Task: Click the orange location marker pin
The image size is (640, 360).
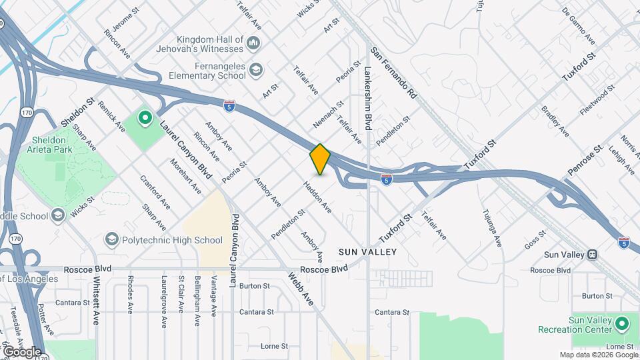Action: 320,159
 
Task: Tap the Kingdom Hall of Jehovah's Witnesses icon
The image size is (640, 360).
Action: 253,44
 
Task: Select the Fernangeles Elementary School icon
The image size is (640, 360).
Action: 256,69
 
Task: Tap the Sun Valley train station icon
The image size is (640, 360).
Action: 591,255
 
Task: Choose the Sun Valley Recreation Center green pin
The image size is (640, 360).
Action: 622,325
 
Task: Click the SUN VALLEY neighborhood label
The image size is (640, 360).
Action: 367,252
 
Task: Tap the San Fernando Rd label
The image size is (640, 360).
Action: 394,73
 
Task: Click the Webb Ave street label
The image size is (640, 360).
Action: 301,288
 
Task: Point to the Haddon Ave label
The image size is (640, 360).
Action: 318,198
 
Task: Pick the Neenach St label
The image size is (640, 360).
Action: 328,115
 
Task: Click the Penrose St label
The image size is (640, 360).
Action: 585,161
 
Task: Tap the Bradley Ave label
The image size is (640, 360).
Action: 555,121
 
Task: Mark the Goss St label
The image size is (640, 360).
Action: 535,240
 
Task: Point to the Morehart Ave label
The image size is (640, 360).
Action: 185,176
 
